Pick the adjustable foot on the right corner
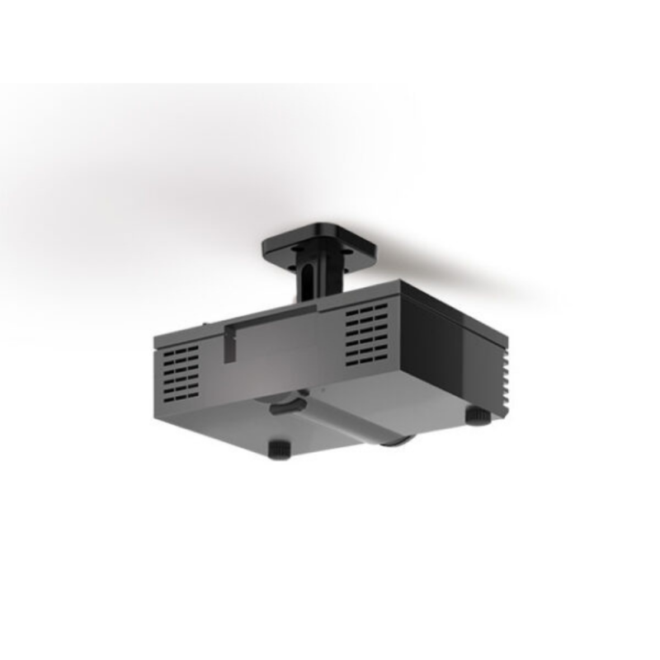(x=478, y=414)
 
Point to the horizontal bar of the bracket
(x=272, y=315)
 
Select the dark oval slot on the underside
(x=282, y=405)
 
